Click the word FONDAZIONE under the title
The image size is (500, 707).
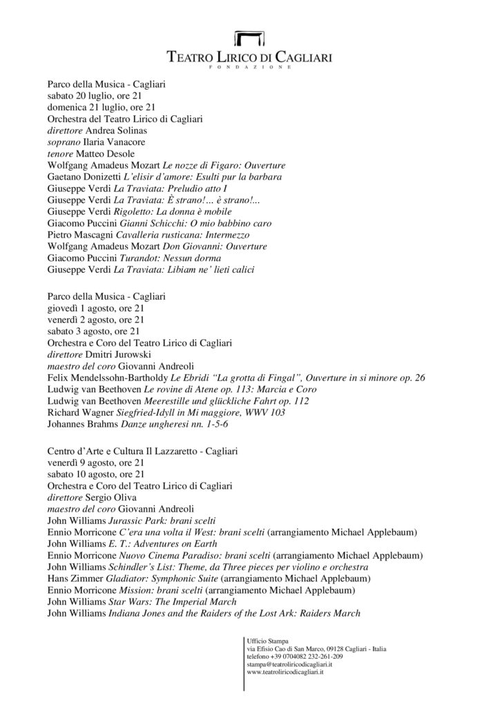tap(249, 68)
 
